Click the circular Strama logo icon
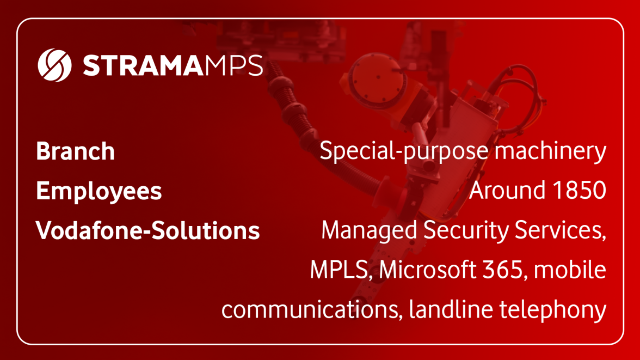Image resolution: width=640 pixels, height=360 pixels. pos(54,65)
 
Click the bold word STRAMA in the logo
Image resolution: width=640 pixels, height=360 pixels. pos(143,66)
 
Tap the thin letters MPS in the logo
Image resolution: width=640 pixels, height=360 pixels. pos(234,66)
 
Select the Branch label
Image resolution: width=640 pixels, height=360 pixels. pos(76,151)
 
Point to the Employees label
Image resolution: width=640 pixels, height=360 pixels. pos(99,191)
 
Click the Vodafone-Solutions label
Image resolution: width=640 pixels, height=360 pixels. pos(148,230)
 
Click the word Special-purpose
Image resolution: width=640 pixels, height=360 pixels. pos(404,151)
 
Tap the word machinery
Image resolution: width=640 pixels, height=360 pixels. pos(551,151)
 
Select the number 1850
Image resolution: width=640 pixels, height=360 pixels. pos(579,191)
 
